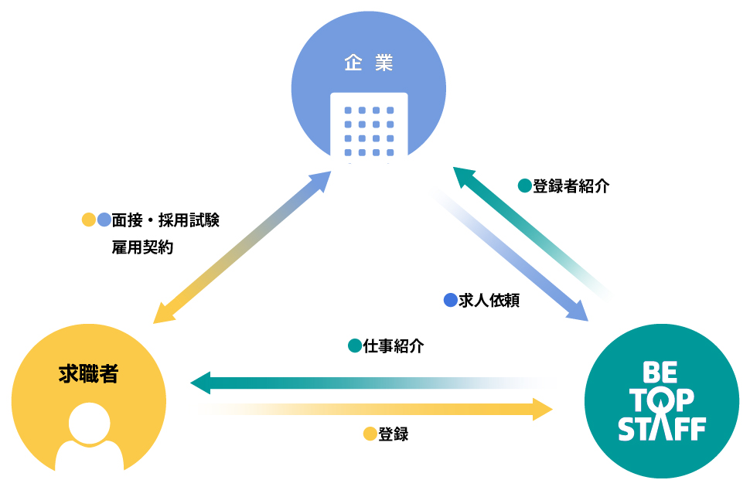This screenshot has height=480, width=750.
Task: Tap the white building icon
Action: pos(369,126)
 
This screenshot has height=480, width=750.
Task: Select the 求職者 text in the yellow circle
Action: pos(88,374)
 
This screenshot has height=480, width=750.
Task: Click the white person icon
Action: pos(90,437)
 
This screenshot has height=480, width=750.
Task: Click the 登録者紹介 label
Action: pos(571,186)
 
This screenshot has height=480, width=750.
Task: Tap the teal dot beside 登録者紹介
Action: pos(524,186)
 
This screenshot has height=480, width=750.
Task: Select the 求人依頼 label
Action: pos(489,301)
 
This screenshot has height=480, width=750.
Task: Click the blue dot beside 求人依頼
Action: pos(450,301)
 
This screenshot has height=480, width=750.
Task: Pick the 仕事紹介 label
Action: pos(394,346)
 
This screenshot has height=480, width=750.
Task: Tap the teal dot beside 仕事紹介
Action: pos(355,346)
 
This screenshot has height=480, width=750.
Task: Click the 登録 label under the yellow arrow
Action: pos(394,434)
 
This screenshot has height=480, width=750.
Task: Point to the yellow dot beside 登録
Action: pos(370,434)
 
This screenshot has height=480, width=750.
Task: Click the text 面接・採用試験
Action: pos(165,220)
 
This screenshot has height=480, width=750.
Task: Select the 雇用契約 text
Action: pos(142,248)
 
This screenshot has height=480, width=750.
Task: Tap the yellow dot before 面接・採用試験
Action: pos(89,220)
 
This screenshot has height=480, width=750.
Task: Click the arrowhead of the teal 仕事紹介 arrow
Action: pos(201,382)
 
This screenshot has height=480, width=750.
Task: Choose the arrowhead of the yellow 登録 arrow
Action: pos(543,408)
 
